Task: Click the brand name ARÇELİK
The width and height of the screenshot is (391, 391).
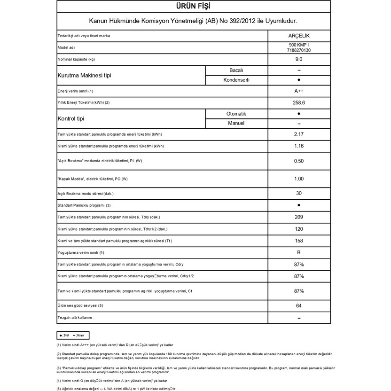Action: pyautogui.click(x=299, y=36)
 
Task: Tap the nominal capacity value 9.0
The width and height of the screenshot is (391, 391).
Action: pyautogui.click(x=299, y=60)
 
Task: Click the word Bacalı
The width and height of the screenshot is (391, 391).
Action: pyautogui.click(x=236, y=70)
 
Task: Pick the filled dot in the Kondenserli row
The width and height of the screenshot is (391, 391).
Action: pyautogui.click(x=299, y=80)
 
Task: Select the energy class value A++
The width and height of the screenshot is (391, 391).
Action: pyautogui.click(x=299, y=91)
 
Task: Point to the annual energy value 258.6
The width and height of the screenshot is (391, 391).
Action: pyautogui.click(x=299, y=102)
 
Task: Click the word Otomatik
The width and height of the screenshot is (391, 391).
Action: pyautogui.click(x=236, y=114)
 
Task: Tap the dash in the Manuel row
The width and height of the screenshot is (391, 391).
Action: pyautogui.click(x=299, y=124)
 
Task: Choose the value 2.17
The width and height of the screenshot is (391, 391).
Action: pyautogui.click(x=299, y=135)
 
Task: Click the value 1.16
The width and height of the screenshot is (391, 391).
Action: pyautogui.click(x=299, y=147)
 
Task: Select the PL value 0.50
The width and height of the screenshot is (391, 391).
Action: pyautogui.click(x=299, y=161)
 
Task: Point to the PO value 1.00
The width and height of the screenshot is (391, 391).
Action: pyautogui.click(x=299, y=179)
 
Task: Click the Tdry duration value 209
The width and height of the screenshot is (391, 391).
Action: pyautogui.click(x=299, y=217)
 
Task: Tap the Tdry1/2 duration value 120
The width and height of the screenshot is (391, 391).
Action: pyautogui.click(x=299, y=229)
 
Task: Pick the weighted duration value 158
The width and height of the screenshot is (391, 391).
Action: pyautogui.click(x=299, y=241)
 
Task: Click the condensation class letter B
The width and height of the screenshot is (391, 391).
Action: pyautogui.click(x=299, y=253)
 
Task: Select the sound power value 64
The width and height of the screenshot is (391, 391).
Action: pyautogui.click(x=299, y=306)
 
